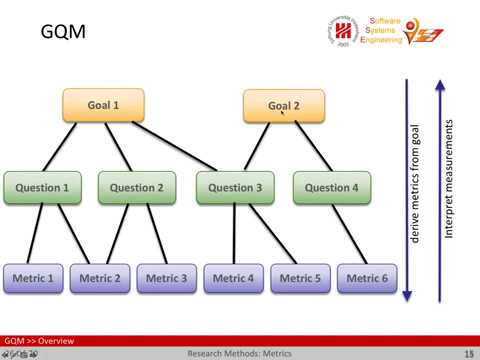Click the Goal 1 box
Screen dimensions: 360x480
(103, 105)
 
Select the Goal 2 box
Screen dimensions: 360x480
(283, 106)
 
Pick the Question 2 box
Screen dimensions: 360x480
(137, 187)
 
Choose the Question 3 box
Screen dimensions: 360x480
(235, 187)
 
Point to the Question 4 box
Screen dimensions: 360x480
(331, 187)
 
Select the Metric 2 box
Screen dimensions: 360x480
(100, 278)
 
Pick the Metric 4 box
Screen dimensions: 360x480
(234, 278)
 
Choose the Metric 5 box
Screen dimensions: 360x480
(300, 278)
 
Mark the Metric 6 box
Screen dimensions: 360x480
(367, 278)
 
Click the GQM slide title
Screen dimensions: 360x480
(62, 33)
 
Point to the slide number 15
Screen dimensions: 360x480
(469, 354)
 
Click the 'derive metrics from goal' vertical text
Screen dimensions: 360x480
(415, 190)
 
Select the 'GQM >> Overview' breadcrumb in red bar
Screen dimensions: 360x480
(39, 342)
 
